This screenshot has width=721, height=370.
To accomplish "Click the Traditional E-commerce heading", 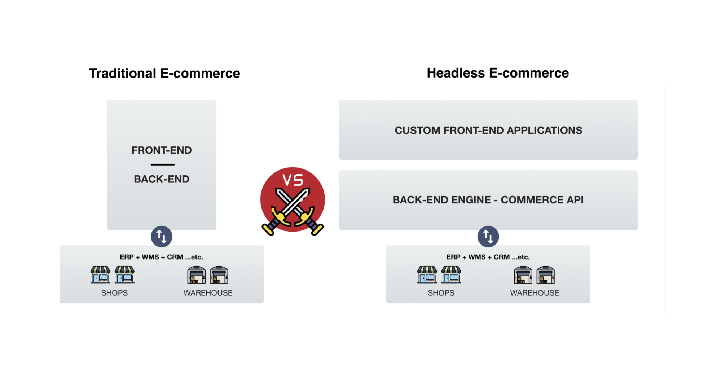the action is pos(164,73).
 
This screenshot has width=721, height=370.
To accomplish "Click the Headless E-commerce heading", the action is pos(498,73).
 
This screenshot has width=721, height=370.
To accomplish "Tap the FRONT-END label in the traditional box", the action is pos(162,150).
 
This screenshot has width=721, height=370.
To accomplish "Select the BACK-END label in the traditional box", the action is pos(162,179).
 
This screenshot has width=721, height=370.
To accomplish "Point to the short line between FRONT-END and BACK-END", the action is pos(163,164).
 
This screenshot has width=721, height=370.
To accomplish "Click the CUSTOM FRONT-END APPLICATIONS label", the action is pos(488,130).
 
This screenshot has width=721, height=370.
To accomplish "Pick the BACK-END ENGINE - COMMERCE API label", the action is pos(488,200).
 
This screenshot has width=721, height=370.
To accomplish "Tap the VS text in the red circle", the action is pos(293,180).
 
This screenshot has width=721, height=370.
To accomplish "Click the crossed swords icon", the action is pos(293,211).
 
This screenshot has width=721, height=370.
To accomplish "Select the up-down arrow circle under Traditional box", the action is pos(162,237).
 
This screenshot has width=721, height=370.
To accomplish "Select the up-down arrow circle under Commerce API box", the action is pos(488,237).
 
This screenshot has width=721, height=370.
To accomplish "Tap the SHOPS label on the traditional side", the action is pos(114,293).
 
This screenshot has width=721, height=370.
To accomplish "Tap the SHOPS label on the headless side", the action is pos(441,293).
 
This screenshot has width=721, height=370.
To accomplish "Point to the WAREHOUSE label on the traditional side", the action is pos(208,293).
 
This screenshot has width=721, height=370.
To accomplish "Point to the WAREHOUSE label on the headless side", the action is pos(535,293).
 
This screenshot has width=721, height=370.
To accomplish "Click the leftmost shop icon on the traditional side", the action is pos(101,275).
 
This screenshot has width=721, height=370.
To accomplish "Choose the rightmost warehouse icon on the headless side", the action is pos(546,275).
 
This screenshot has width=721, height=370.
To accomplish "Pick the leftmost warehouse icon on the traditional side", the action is pos(197,275).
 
